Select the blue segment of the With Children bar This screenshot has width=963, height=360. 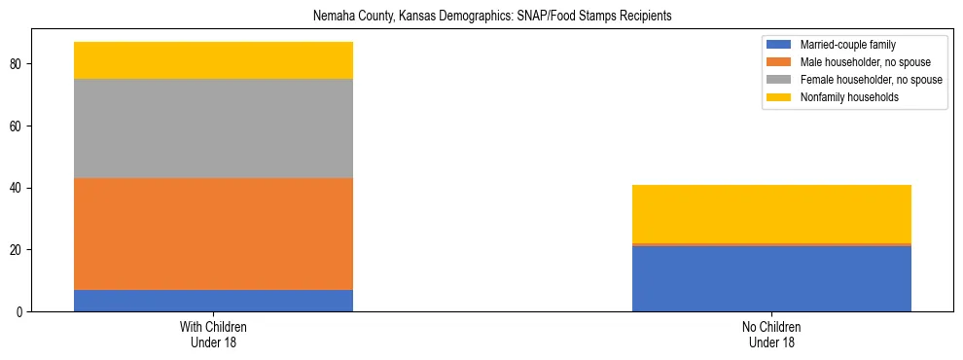tap(213, 301)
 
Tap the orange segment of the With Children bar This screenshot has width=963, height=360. tap(213, 234)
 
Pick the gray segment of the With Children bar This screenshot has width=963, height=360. tap(213, 128)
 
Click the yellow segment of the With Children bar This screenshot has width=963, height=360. tap(213, 60)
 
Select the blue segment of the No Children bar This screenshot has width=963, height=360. tap(771, 278)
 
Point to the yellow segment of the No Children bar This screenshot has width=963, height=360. tap(771, 214)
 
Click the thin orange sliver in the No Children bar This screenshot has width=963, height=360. tap(771, 244)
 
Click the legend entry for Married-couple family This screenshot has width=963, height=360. tap(847, 45)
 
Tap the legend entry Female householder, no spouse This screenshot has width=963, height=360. tap(871, 80)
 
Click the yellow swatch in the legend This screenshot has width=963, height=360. tap(779, 97)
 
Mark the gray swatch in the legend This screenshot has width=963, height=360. tap(779, 80)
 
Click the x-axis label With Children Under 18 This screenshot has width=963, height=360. tap(213, 334)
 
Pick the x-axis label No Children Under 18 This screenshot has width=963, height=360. tap(771, 334)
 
